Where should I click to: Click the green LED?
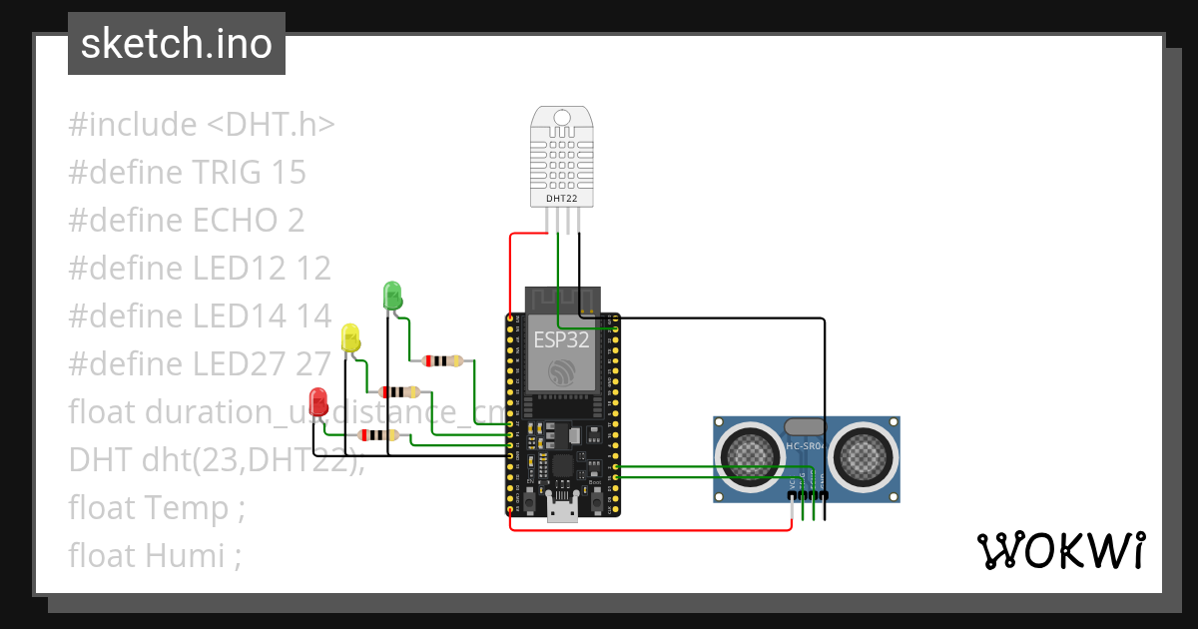pyautogui.click(x=392, y=296)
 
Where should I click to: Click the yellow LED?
pyautogui.click(x=349, y=337)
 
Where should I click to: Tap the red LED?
pyautogui.click(x=318, y=401)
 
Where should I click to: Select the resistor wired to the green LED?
pyautogui.click(x=442, y=360)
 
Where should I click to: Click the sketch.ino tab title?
pyautogui.click(x=177, y=44)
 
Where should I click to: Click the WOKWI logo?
pyautogui.click(x=1060, y=550)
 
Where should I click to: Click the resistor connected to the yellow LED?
pyautogui.click(x=399, y=391)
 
